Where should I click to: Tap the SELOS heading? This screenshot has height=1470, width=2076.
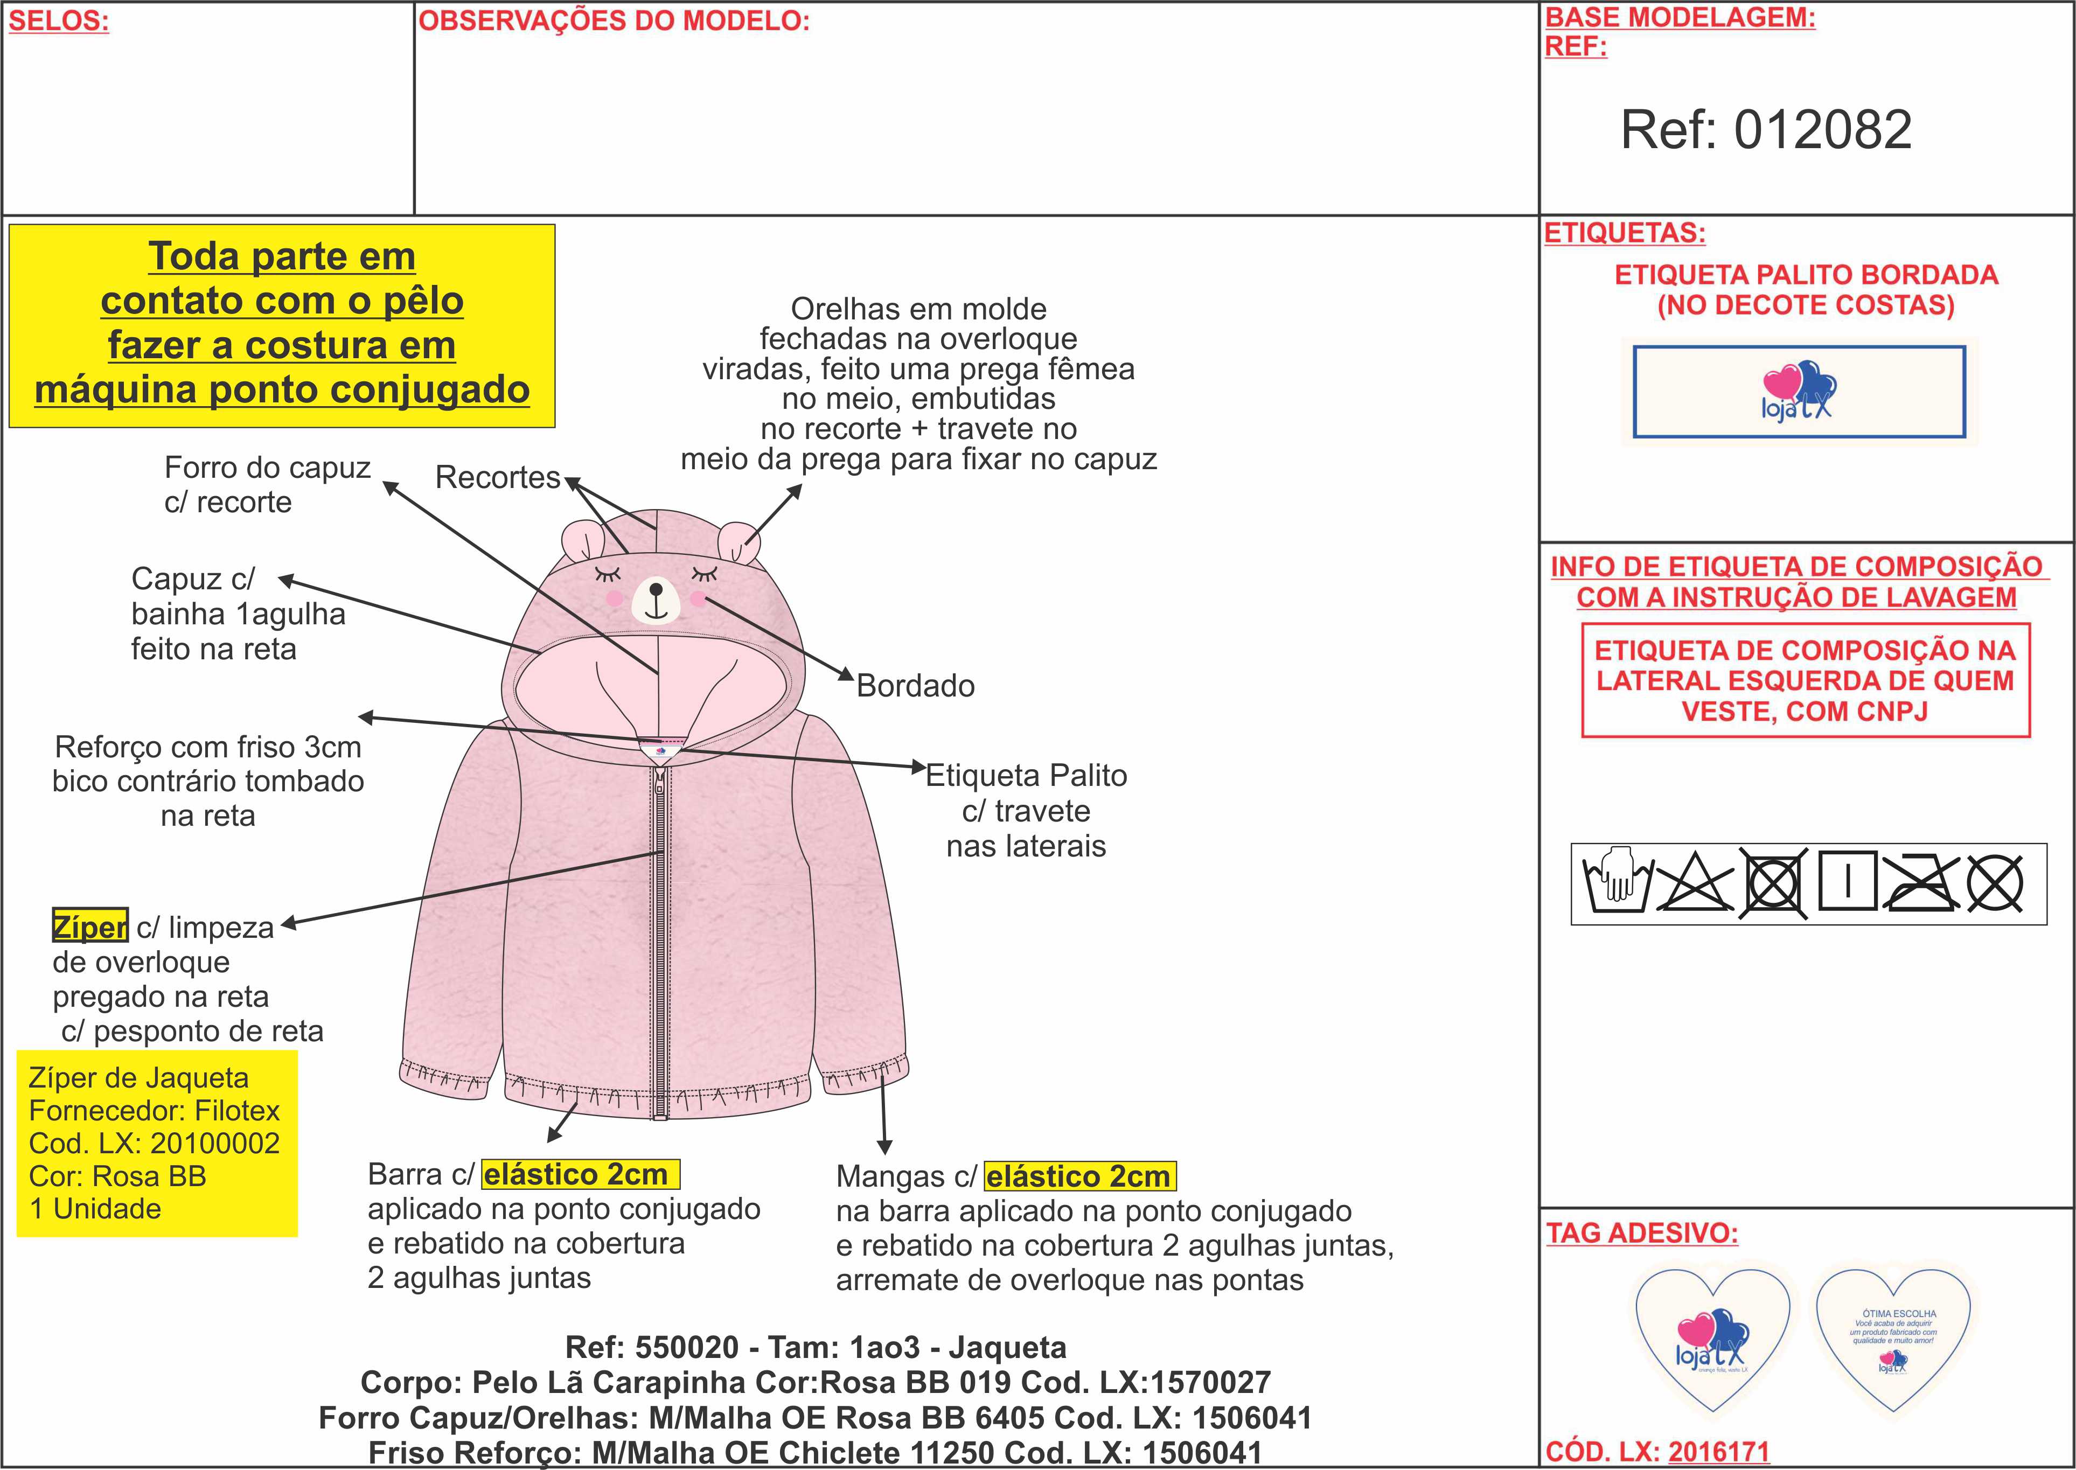pyautogui.click(x=59, y=21)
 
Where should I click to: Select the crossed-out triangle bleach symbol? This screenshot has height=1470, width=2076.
pyautogui.click(x=1693, y=882)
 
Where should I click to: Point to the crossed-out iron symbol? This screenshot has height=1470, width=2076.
pyautogui.click(x=1920, y=882)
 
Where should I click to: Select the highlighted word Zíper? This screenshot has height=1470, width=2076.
pyautogui.click(x=89, y=927)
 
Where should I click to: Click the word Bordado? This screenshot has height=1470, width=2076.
pyautogui.click(x=915, y=686)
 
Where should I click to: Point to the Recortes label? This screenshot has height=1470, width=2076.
pyautogui.click(x=498, y=477)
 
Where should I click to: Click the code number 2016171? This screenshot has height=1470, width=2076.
pyautogui.click(x=1718, y=1452)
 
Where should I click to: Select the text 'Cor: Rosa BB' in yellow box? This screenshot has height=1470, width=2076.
pyautogui.click(x=117, y=1176)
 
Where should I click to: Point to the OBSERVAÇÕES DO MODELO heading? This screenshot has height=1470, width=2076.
pyautogui.click(x=614, y=21)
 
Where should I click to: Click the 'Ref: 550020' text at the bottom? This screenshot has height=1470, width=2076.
pyautogui.click(x=652, y=1347)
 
